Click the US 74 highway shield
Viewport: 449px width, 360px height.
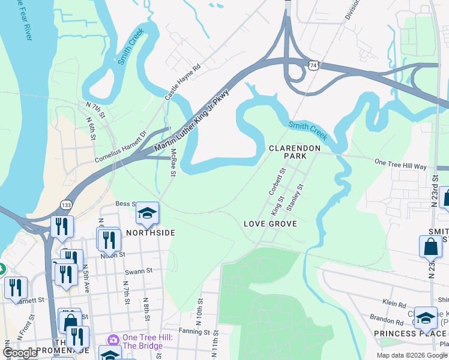coord(313,64)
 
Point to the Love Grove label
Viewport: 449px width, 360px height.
coord(270,224)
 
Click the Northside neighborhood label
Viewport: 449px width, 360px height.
coord(150,232)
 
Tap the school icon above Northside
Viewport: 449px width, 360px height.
coord(146,212)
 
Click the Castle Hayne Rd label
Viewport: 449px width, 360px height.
coord(182,83)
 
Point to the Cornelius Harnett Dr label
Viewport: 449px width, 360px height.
coord(121,148)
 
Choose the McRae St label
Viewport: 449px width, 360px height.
coord(173,163)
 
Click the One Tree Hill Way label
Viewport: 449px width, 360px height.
coord(400,163)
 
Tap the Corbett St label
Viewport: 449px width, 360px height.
coord(276,182)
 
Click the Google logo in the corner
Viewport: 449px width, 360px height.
coord(20,353)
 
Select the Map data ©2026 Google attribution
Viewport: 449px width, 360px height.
coord(411,355)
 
